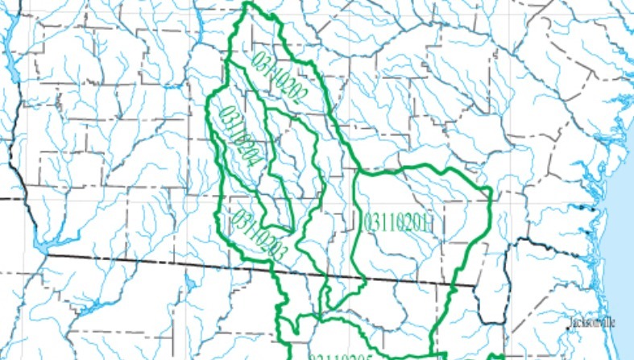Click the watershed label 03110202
click(280, 79)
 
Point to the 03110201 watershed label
click(400, 222)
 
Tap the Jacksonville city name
click(592, 322)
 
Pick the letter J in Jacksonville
click(572, 322)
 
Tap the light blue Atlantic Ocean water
click(620, 242)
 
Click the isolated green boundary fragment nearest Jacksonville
click(499, 355)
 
